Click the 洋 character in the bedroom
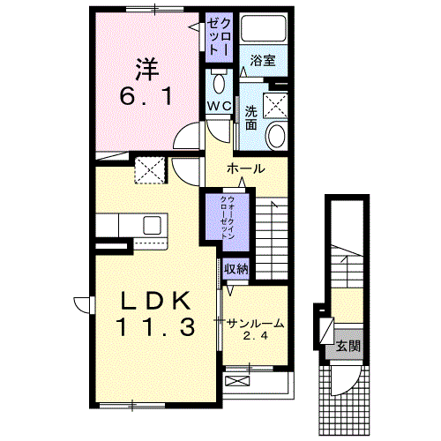[146, 67]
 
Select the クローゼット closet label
[220, 36]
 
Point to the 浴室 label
[264, 61]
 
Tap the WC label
[220, 106]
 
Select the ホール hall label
[246, 168]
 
